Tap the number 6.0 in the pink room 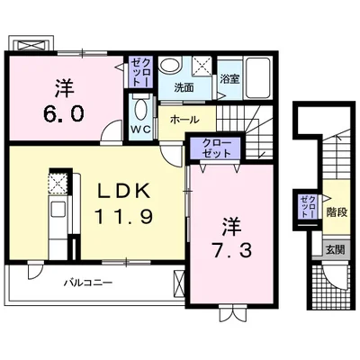[63, 113]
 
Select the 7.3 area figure [231, 250]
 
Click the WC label [141, 129]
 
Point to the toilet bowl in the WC [140, 109]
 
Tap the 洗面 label [184, 88]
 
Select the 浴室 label [229, 79]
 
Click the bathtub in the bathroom [257, 78]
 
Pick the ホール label [184, 120]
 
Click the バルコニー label [88, 283]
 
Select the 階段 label [337, 212]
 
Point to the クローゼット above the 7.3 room [216, 148]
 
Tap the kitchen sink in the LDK [58, 209]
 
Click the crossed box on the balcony [179, 283]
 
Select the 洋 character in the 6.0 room [64, 88]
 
